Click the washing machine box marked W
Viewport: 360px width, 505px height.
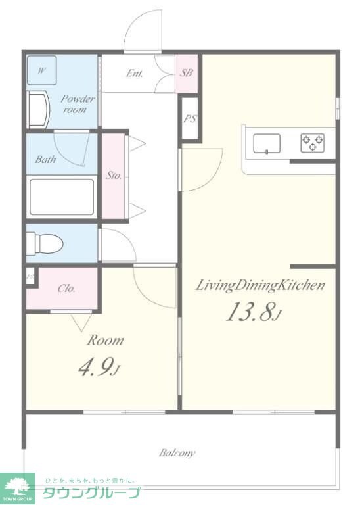(x=41, y=70)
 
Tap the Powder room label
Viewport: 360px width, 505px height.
(x=78, y=104)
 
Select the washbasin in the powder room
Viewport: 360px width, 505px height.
(x=38, y=110)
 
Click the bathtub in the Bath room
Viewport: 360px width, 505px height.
(x=62, y=197)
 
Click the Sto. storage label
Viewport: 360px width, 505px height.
(x=114, y=176)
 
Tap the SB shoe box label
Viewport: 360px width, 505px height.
(x=186, y=73)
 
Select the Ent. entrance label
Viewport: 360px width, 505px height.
(x=135, y=74)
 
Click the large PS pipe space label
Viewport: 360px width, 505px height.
(x=190, y=119)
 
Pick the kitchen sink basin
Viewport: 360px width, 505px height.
(x=267, y=143)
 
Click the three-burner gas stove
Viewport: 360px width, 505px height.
(x=313, y=143)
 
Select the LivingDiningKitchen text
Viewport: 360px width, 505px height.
(x=260, y=285)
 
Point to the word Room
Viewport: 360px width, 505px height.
(x=105, y=340)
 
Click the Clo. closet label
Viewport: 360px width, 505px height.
(x=66, y=288)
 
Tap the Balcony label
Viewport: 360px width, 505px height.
(x=177, y=453)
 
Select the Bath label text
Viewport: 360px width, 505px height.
(x=45, y=159)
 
